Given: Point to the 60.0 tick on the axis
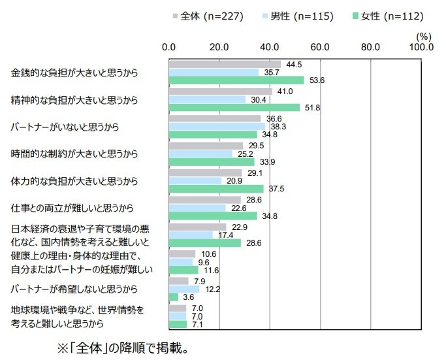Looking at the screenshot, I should [x=320, y=47].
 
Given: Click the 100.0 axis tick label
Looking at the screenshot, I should [x=422, y=47].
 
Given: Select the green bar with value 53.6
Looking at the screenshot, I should [x=236, y=80].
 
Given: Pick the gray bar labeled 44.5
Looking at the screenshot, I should [x=225, y=64].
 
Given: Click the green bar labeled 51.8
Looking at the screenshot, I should [x=234, y=107].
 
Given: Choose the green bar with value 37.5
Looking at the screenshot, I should [x=216, y=189].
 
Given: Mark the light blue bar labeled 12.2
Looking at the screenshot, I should [x=184, y=289].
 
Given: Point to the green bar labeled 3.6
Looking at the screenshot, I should [x=174, y=297].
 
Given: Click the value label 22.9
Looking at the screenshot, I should [x=240, y=226].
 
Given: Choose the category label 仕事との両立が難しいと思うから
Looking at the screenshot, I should [x=72, y=208].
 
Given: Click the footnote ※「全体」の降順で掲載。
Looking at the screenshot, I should [x=124, y=346].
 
